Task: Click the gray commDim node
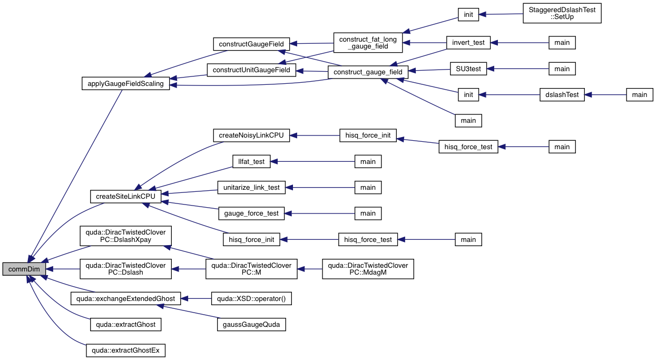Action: point(23,269)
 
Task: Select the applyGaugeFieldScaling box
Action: point(125,84)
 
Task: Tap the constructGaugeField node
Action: point(251,44)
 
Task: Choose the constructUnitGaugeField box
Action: point(251,70)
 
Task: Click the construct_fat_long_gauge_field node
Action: point(367,43)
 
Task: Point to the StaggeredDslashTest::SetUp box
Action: point(562,13)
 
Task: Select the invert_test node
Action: point(468,43)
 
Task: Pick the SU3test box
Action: point(468,69)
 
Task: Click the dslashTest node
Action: point(562,95)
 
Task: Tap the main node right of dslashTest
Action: point(639,95)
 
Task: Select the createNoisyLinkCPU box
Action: point(251,135)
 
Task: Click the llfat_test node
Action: point(251,162)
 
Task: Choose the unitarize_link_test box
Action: point(251,188)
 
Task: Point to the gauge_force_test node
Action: point(251,213)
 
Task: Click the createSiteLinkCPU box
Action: point(125,197)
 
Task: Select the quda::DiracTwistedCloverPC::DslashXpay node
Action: point(125,236)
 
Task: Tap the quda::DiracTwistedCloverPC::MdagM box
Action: point(368,269)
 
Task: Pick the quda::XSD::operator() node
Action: point(251,299)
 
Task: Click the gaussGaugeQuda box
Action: point(251,325)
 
